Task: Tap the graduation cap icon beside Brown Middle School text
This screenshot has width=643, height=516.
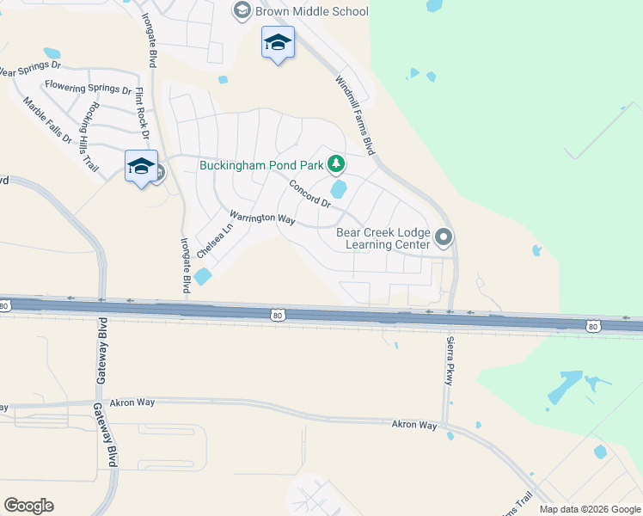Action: click(242, 11)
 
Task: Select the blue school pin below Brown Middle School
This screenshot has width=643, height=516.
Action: click(278, 43)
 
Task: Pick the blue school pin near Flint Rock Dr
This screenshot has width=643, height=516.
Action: click(141, 167)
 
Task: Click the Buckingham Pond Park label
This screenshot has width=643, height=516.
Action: click(260, 164)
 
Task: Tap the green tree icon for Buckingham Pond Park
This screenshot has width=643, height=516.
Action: click(338, 163)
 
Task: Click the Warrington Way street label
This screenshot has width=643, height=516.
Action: click(262, 218)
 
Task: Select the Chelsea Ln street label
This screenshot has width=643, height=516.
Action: click(215, 242)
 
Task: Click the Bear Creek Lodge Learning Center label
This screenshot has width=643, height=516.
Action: click(383, 238)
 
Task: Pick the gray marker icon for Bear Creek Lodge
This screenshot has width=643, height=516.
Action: click(444, 236)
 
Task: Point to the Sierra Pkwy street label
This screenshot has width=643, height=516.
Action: click(449, 359)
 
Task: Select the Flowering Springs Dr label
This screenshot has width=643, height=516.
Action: click(89, 87)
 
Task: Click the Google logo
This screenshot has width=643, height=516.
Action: click(28, 506)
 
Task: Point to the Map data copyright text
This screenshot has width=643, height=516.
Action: click(590, 509)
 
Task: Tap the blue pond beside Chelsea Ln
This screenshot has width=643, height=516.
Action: click(203, 276)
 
